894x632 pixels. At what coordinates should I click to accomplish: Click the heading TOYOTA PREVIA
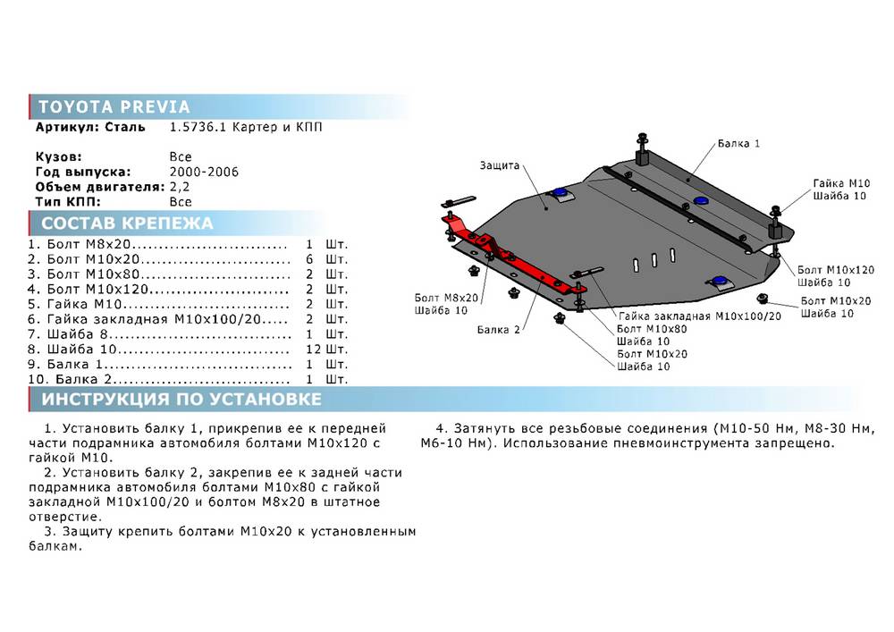point(114,106)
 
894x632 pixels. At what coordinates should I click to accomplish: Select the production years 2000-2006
point(204,173)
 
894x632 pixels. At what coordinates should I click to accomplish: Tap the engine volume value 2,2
point(179,187)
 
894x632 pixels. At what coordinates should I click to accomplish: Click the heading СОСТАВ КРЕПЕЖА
point(127,223)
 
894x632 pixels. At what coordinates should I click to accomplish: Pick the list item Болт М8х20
point(89,244)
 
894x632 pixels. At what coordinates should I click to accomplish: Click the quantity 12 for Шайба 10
point(314,350)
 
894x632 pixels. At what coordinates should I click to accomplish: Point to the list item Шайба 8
point(78,334)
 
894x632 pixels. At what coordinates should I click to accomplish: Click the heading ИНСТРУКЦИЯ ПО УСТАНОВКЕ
point(181,399)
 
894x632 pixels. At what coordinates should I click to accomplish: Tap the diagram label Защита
point(500,166)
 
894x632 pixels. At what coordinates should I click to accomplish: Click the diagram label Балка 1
point(738,144)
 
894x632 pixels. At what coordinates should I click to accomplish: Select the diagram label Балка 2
point(498,329)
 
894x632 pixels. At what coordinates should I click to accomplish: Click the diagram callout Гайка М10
point(841,183)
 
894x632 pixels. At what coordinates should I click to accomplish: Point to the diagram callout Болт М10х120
point(835,270)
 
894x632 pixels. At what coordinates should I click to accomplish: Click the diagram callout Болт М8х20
point(446,298)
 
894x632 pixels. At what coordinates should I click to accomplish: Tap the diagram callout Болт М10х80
point(652,329)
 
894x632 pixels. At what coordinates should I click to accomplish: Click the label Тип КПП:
point(68,202)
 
